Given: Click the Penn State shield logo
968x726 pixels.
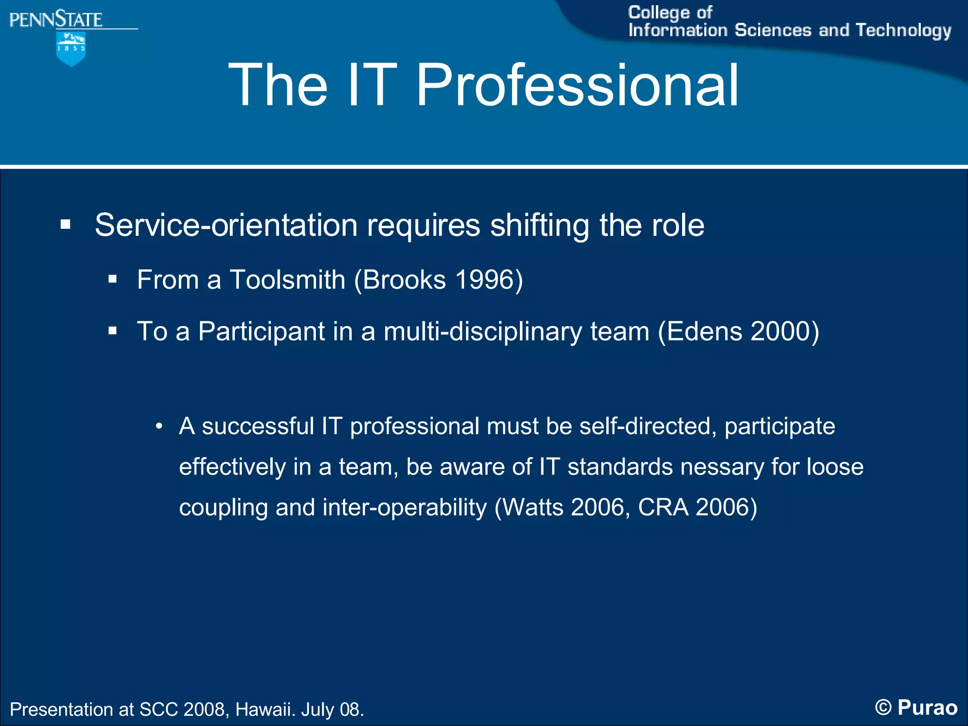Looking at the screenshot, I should pos(71,48).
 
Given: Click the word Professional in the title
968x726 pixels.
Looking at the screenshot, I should pos(577,86).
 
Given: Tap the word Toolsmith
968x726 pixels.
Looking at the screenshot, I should pos(287,279).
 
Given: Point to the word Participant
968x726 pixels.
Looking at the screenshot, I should pos(261,331).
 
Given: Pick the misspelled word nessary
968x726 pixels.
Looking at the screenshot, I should pos(722,467).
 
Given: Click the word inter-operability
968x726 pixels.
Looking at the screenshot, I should pos(405,508).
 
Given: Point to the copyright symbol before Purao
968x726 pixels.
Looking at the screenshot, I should pos(883,708).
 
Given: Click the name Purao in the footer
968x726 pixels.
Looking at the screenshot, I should pos(927,708).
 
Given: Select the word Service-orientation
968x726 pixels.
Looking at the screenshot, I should pos(226,225).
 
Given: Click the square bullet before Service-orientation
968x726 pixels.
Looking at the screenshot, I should pos(65,225).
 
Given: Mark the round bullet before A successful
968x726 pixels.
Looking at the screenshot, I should pos(159,427).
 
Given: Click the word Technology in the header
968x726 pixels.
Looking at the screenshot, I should pos(903,31).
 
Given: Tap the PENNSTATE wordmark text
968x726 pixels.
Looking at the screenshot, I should pos(56,19).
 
